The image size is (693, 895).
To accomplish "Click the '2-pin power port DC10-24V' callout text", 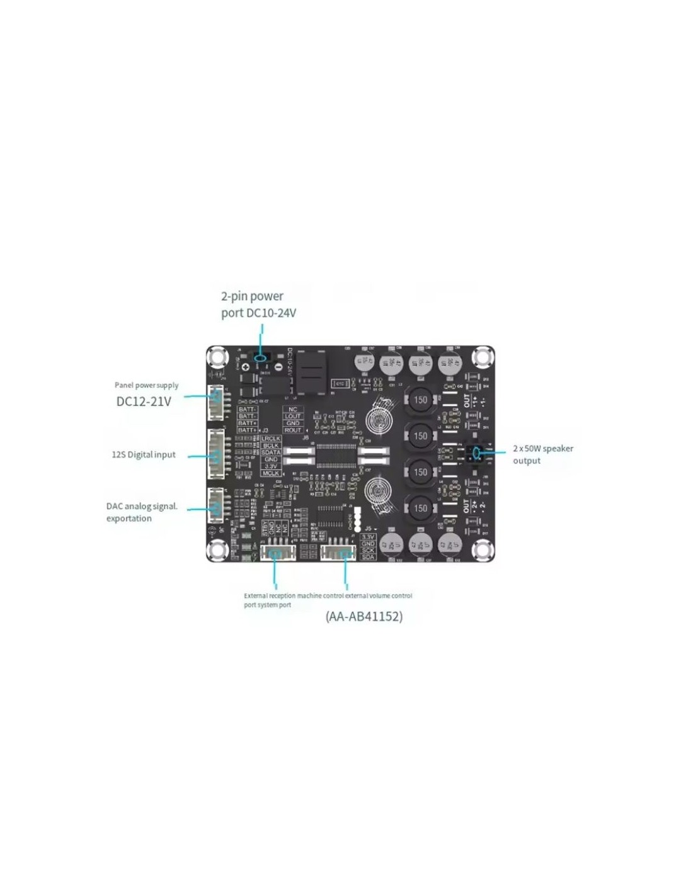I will point(258,304).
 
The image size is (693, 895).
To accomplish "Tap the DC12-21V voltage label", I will point(144,402).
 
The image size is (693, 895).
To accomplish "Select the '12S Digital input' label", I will point(144,454).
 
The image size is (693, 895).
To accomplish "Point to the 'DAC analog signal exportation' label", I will point(142,512).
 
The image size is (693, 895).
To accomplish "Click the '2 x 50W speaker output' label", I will point(543,454).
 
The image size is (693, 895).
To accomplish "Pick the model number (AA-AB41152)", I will point(364,616).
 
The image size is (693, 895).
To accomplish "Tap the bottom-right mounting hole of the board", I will point(482,550).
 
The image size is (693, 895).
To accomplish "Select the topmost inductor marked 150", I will point(420,400).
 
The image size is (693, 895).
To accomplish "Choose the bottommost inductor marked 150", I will point(420,508).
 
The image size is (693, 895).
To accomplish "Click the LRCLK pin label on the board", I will point(271,439).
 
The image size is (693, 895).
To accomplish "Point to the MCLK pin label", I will point(271,473).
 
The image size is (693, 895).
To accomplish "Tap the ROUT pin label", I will point(292,431).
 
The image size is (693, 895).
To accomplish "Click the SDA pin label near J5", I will point(368,557).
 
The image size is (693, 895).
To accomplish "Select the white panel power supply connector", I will point(216,402).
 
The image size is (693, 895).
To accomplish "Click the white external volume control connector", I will point(339,553).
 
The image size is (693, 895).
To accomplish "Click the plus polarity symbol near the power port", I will point(245,367).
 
